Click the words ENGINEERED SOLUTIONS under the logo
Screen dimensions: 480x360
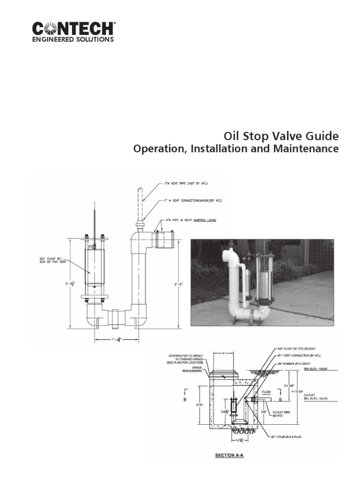[73, 40]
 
